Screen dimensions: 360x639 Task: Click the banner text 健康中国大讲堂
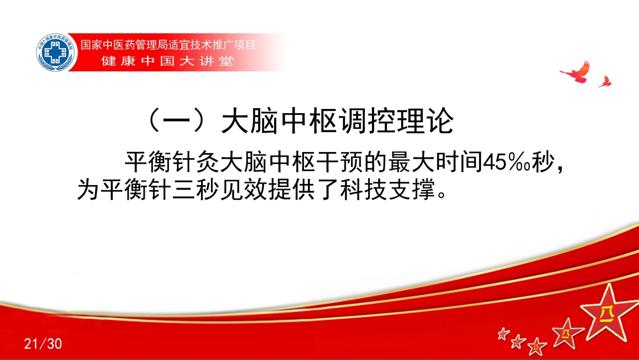click(x=168, y=61)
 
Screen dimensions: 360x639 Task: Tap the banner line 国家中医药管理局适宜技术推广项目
click(x=167, y=45)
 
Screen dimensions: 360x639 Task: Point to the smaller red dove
click(x=605, y=82)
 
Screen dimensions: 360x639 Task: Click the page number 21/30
click(x=43, y=344)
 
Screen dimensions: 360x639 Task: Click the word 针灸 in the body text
click(x=198, y=162)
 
